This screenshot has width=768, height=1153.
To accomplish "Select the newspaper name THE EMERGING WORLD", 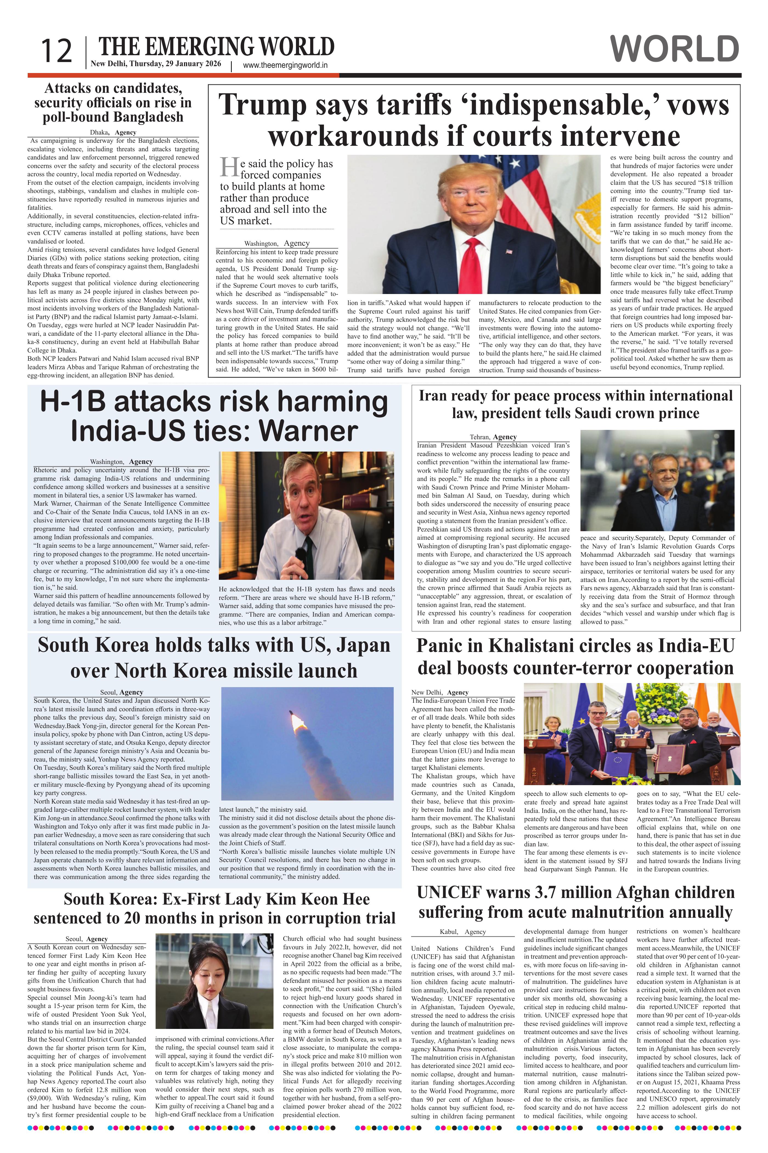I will [216, 47].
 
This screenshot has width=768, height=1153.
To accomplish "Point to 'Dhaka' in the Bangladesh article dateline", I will [99, 132].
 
